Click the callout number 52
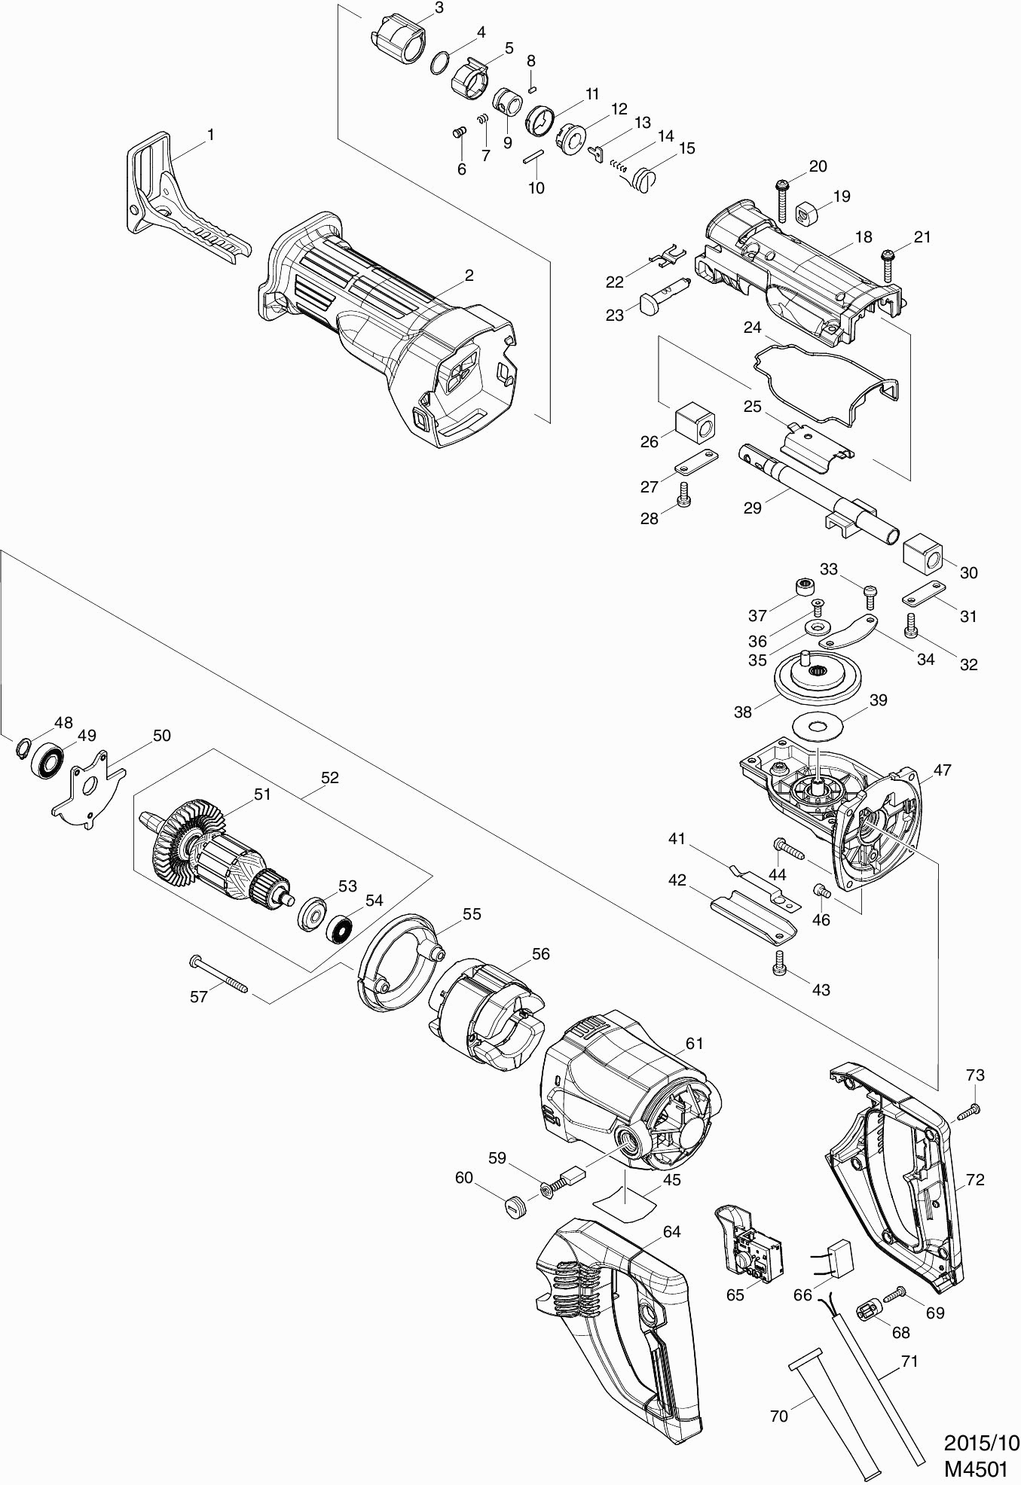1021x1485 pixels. [329, 778]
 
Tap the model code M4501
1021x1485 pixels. [977, 1468]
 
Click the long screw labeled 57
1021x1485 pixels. [219, 976]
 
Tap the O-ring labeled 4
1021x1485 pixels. [442, 63]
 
